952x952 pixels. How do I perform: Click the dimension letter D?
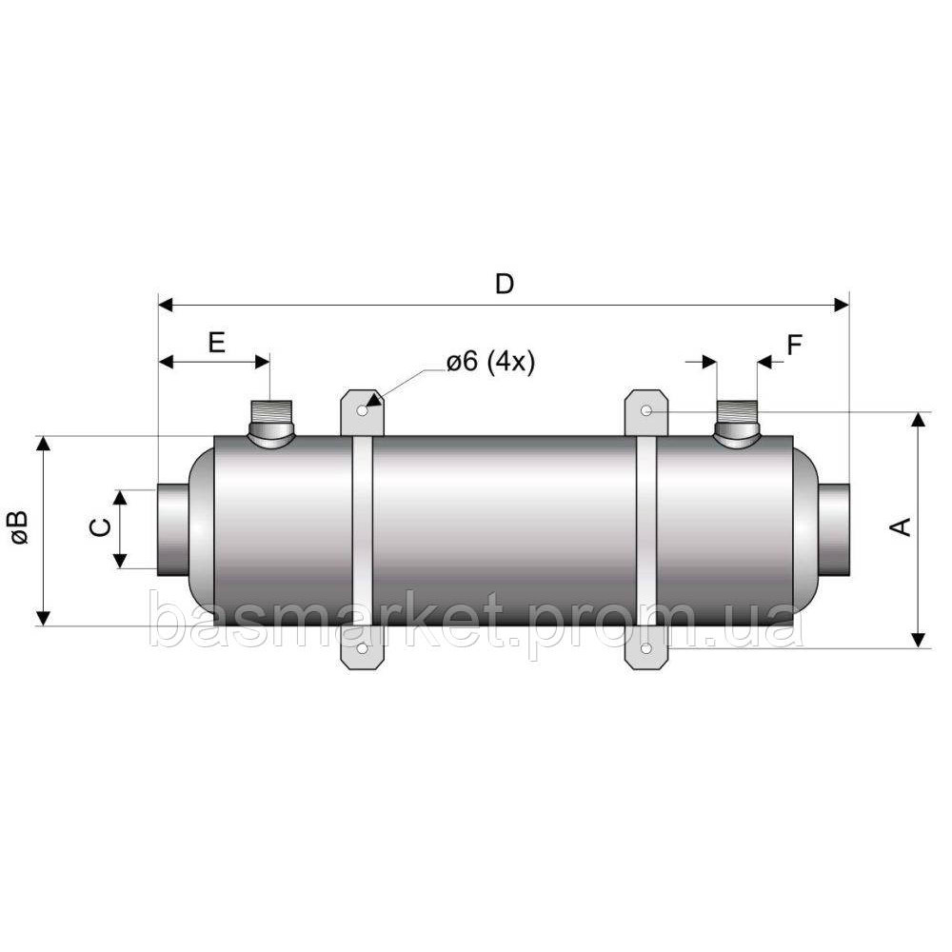[505, 283]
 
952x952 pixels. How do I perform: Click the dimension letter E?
[216, 343]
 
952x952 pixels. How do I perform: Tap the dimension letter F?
[795, 344]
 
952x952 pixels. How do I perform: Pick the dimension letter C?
[98, 528]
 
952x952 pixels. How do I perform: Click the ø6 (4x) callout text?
[490, 363]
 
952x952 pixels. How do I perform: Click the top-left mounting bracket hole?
[362, 411]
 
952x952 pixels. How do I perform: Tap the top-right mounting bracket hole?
[646, 410]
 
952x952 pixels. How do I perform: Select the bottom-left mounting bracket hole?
[362, 649]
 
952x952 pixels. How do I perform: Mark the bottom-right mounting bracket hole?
[646, 649]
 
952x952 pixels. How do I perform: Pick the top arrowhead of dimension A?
[918, 421]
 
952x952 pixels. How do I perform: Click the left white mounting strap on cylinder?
[362, 530]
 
